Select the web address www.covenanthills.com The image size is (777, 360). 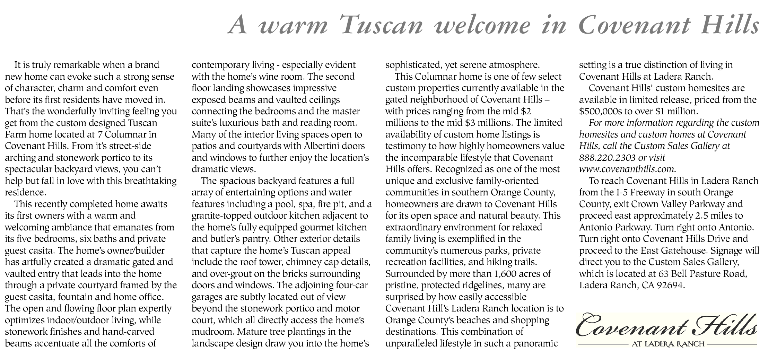(627, 169)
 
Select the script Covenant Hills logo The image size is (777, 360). (666, 325)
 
